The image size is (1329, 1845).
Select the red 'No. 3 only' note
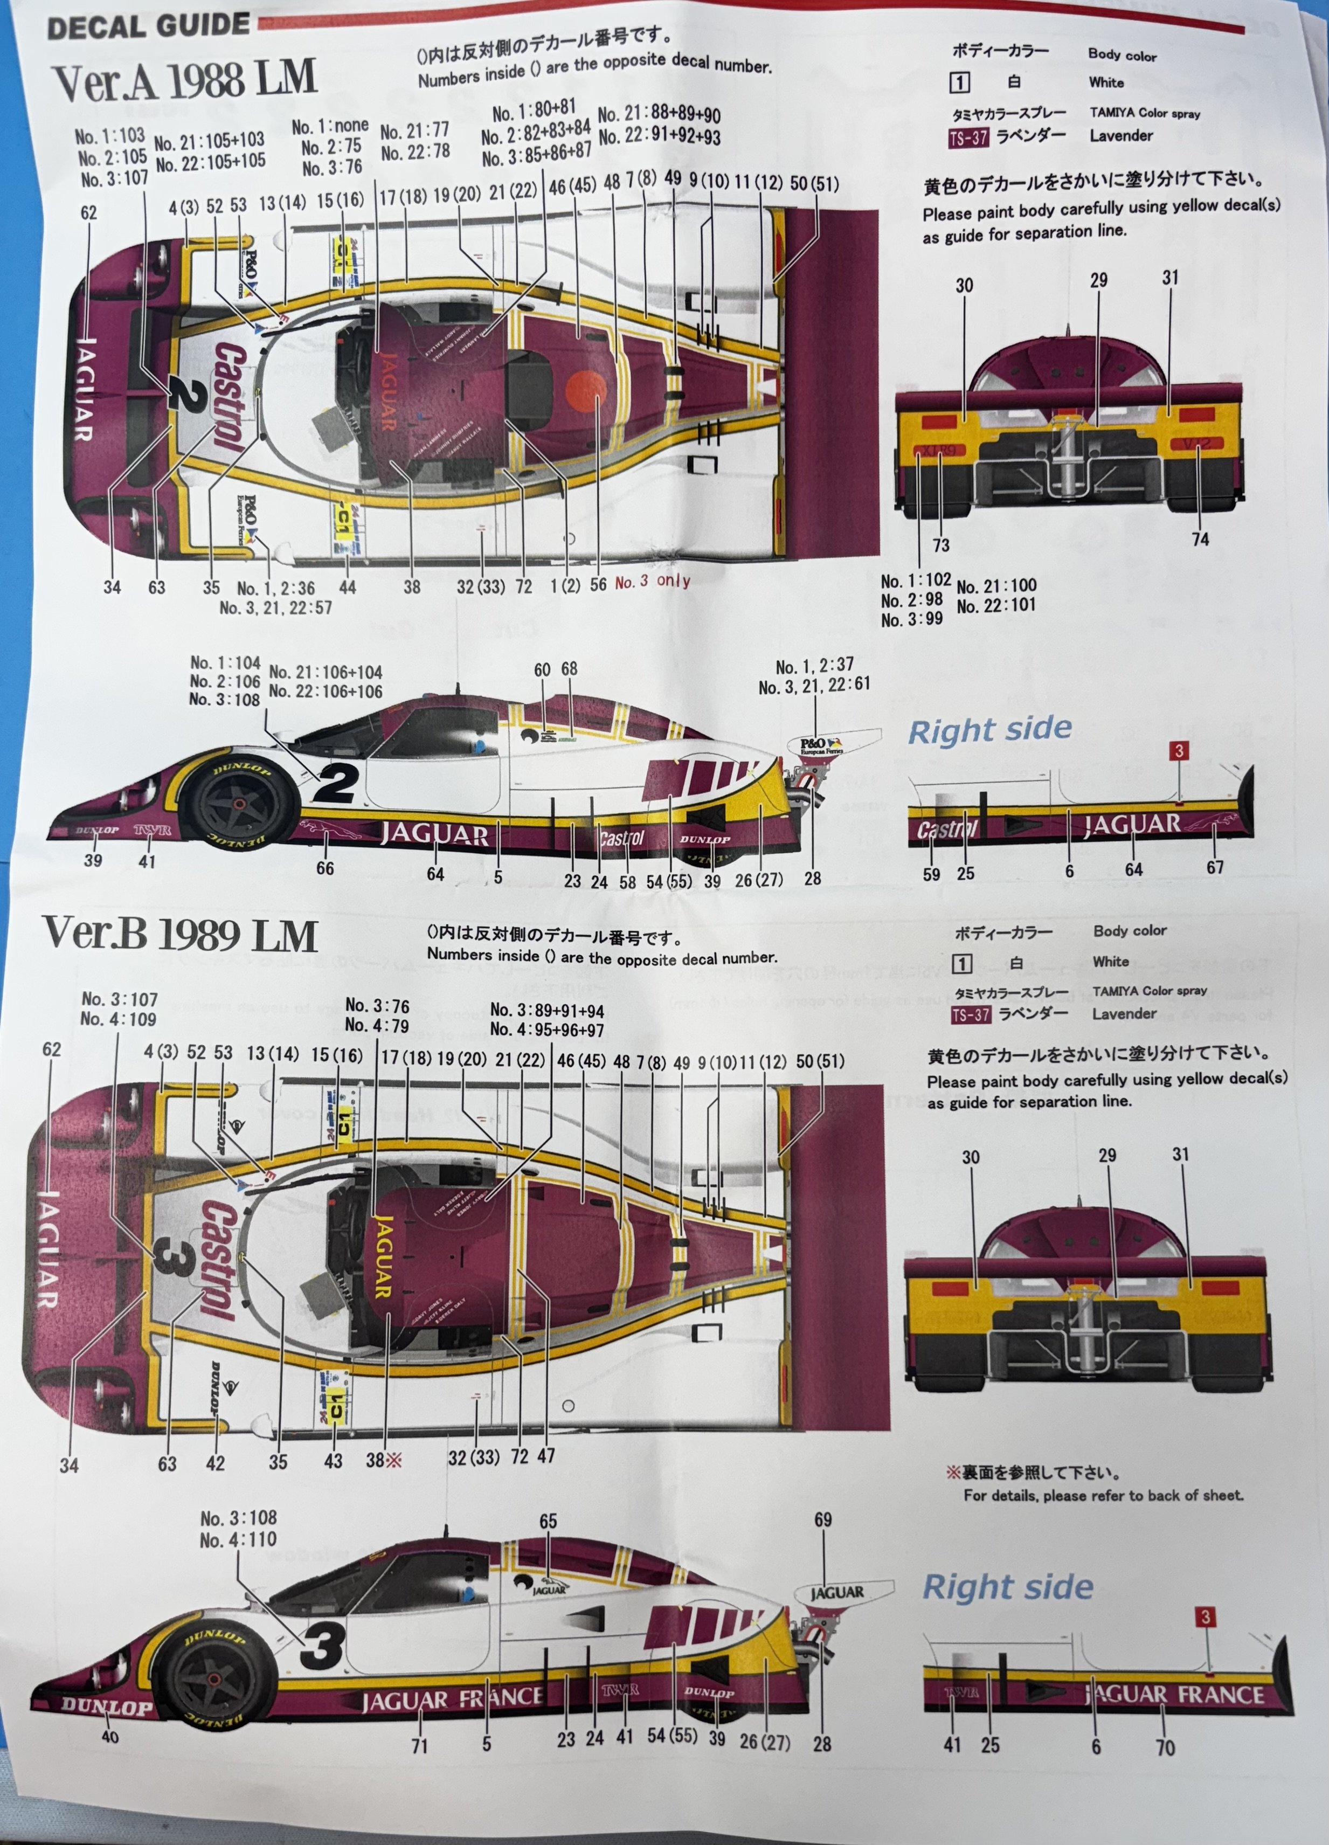(x=652, y=581)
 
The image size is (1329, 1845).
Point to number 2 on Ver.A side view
(x=336, y=783)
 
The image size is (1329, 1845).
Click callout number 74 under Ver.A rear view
(x=1200, y=538)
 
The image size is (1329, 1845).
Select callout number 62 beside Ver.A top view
(x=89, y=212)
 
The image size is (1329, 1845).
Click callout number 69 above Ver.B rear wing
(x=823, y=1519)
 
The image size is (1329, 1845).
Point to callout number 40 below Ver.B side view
(x=110, y=1736)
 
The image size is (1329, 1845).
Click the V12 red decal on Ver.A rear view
(x=1198, y=444)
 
